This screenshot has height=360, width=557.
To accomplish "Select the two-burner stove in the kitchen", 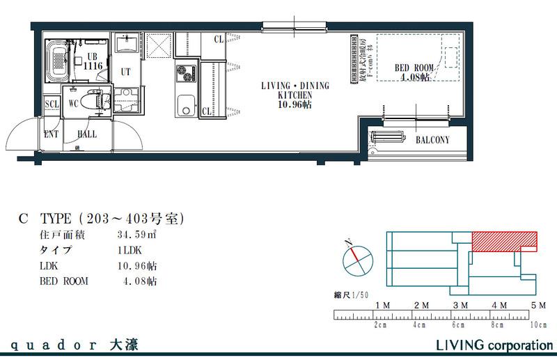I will tap(187, 72).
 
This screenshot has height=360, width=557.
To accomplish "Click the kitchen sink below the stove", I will tap(186, 108).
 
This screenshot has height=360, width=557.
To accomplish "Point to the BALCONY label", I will tap(432, 140).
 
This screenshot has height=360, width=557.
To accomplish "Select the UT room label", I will tap(126, 72).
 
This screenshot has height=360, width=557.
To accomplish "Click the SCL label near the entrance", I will tap(52, 104).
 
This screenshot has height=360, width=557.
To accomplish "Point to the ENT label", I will tap(51, 133).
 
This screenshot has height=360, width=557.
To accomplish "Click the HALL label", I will tap(87, 133).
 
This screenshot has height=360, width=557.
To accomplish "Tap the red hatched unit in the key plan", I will tap(504, 241).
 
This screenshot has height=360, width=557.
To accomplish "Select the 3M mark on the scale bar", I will tap(459, 306).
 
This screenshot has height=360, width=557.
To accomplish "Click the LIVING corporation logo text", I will tap(489, 345).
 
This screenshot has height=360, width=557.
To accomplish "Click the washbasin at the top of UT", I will tap(127, 45).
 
